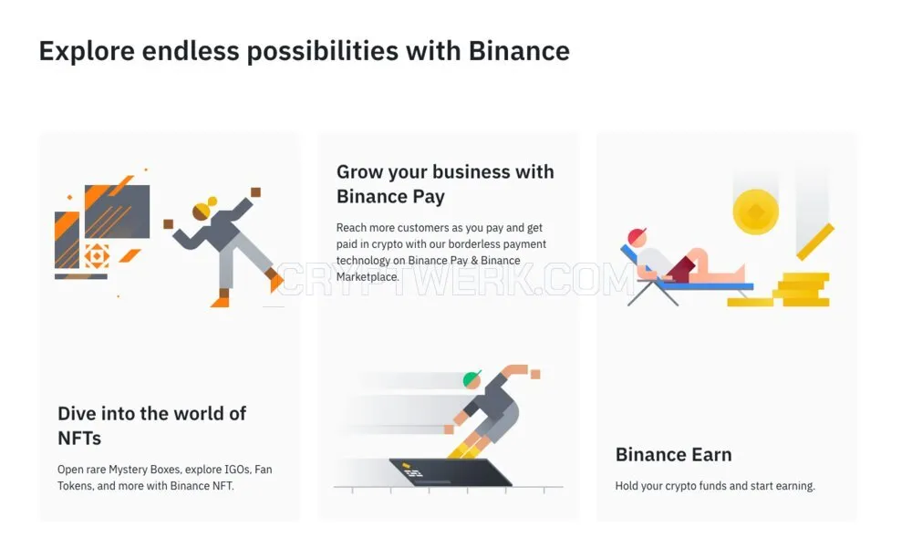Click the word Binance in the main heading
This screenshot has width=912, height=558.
tap(519, 50)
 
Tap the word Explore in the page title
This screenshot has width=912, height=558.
tap(87, 51)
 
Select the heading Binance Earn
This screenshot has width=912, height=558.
tap(674, 454)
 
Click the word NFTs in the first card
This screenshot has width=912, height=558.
tap(79, 438)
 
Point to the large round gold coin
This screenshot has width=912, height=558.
tap(755, 212)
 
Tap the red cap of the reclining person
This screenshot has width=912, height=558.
tap(637, 235)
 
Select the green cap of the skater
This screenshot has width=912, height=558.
tap(472, 378)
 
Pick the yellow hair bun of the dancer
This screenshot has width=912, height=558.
tap(212, 201)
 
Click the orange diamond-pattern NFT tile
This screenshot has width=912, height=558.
tap(97, 255)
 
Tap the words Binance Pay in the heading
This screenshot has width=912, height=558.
tap(390, 196)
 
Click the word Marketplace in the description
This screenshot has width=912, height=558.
tap(367, 276)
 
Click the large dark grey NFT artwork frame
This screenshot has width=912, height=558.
tap(117, 212)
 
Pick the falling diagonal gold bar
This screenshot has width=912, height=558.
tap(814, 242)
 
